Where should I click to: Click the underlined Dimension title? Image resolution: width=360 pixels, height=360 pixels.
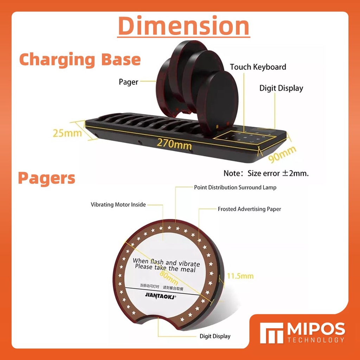184,26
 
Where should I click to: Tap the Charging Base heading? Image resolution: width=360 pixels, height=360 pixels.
80,60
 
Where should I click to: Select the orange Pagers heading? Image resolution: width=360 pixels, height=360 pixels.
46,178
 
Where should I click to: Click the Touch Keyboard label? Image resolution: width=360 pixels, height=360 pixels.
258,67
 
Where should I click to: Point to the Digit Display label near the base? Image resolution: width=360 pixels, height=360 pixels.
281,88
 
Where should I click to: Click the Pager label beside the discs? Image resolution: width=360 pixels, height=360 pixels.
128,82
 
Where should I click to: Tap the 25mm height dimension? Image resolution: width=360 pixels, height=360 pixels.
67,133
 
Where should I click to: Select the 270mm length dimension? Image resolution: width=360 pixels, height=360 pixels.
174,143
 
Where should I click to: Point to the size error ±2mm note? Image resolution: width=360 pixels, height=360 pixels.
266,173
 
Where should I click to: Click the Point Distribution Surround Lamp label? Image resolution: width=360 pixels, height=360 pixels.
235,187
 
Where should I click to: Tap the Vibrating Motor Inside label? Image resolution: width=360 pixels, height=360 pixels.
118,204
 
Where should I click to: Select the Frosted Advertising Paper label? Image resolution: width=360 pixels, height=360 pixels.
249,209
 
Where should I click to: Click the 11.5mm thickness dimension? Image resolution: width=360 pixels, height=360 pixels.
240,276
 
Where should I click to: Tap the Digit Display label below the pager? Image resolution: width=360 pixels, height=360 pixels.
215,336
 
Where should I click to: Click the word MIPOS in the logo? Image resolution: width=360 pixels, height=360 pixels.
316,329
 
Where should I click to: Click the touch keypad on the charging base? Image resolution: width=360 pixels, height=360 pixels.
243,137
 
